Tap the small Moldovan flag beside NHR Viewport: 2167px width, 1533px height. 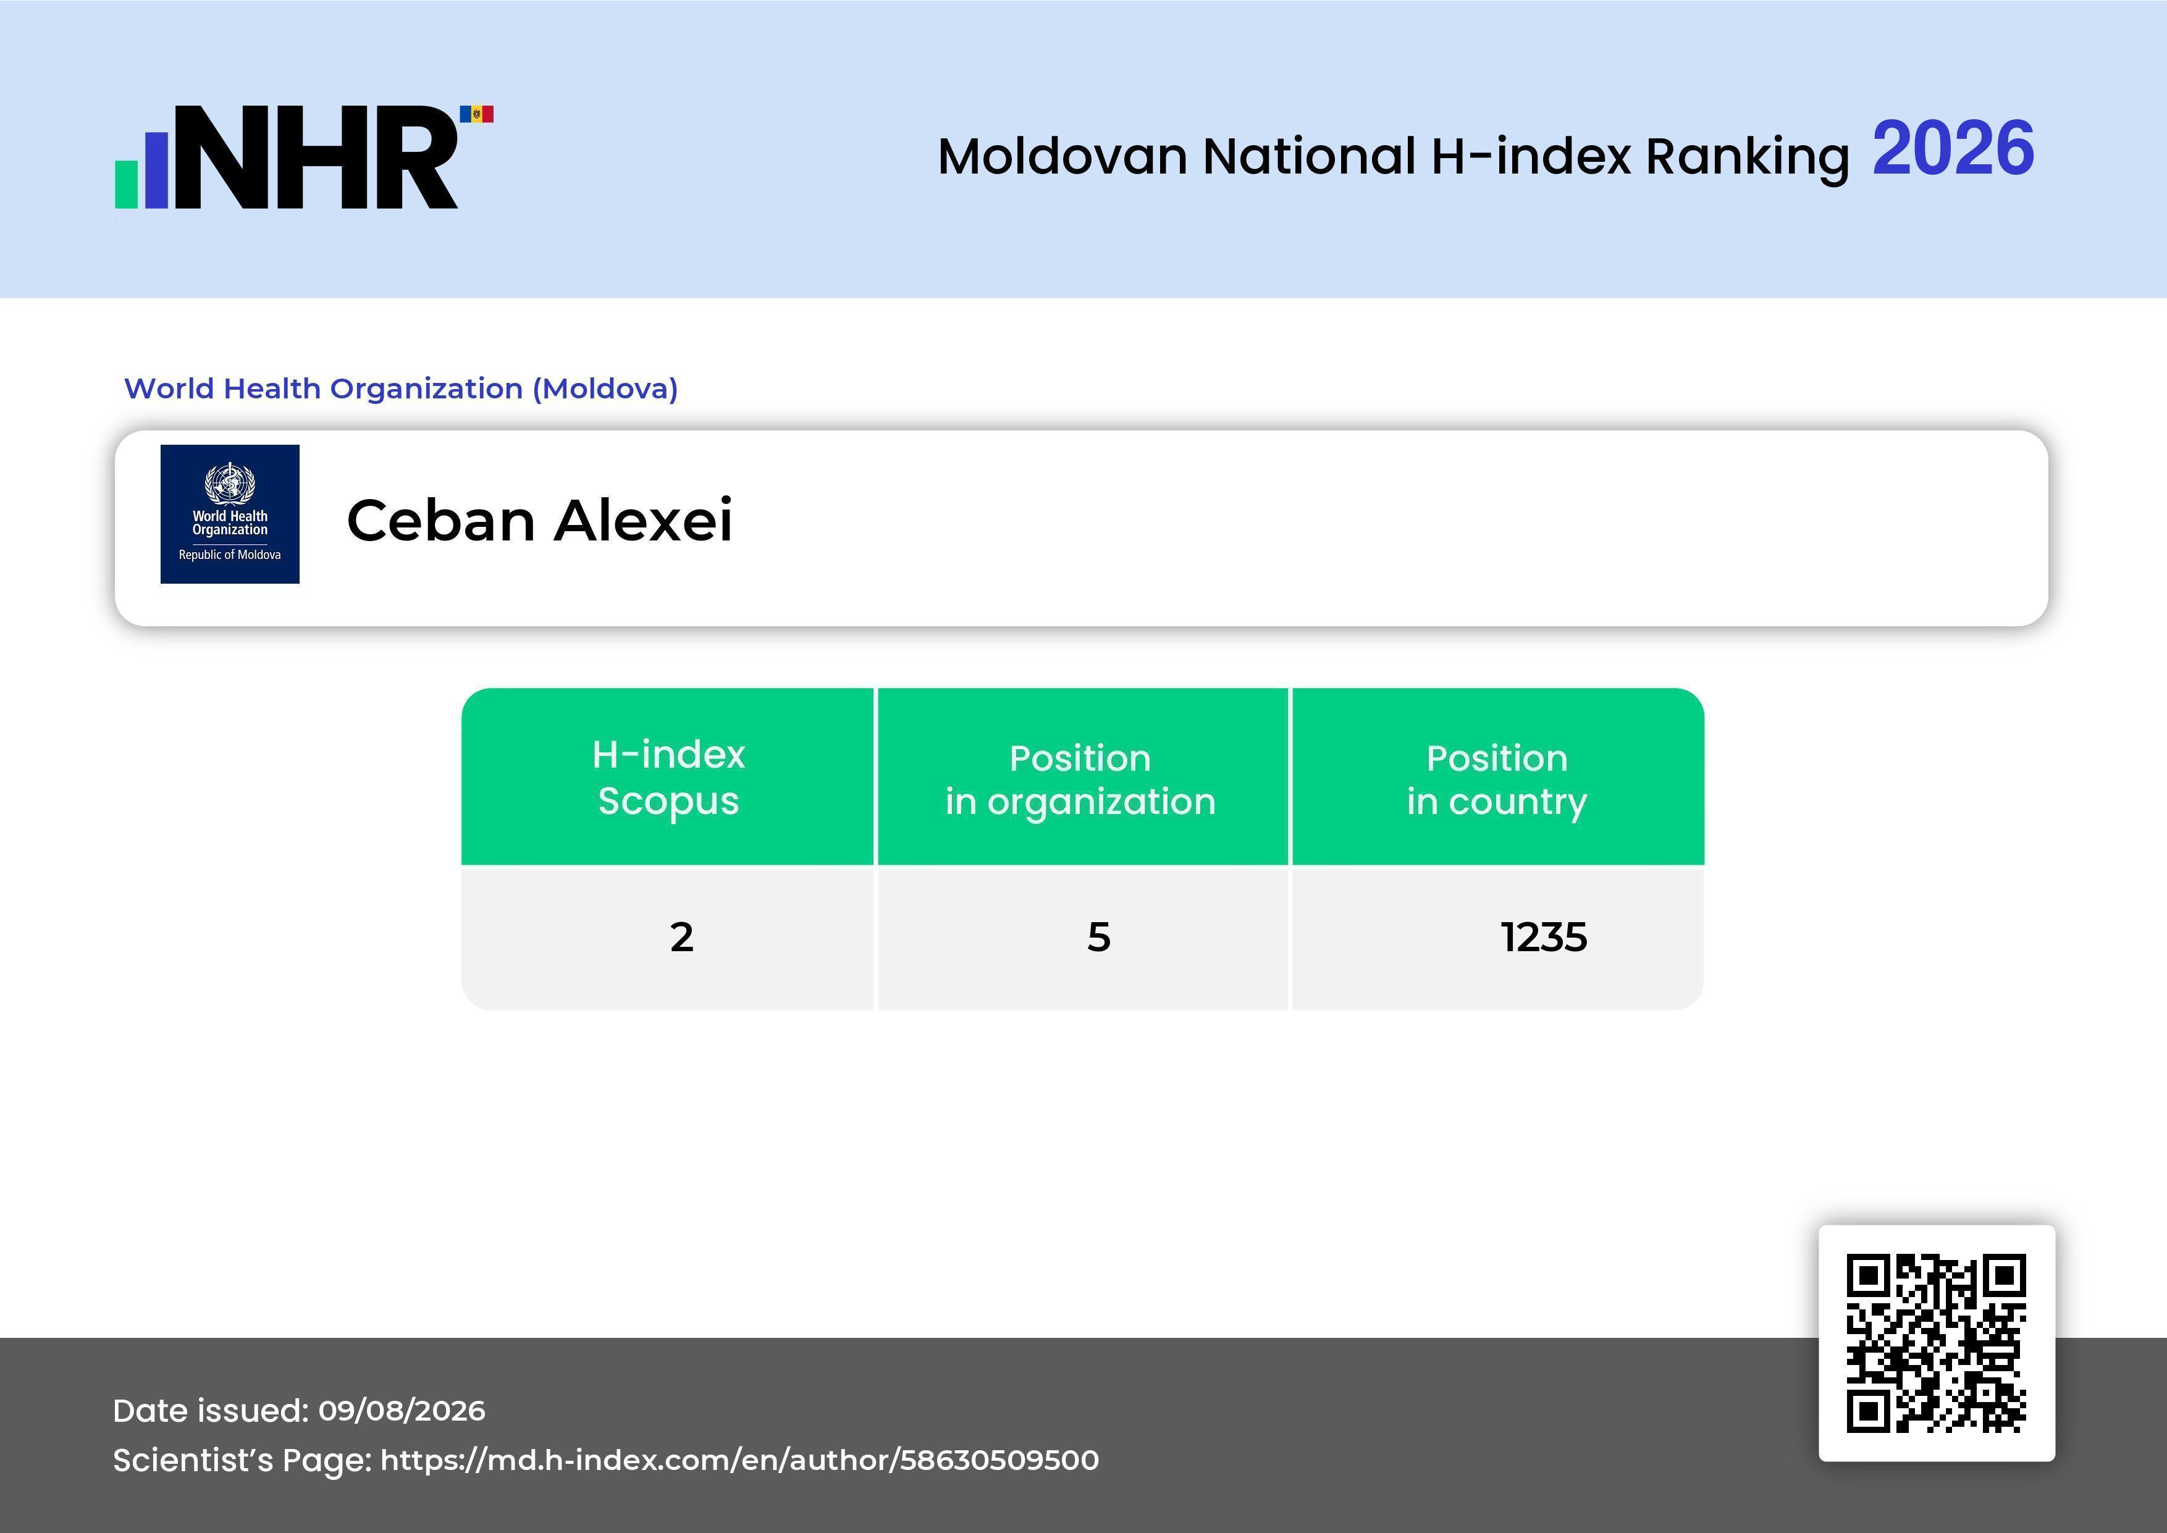[x=477, y=114]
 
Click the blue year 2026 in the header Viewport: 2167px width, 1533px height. [x=1953, y=148]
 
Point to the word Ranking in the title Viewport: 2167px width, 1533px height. [x=1747, y=157]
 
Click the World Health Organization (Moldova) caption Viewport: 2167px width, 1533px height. [x=401, y=388]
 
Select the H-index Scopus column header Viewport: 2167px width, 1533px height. [x=668, y=777]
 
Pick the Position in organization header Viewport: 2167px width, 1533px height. [x=1080, y=779]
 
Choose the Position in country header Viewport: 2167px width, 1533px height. [x=1497, y=779]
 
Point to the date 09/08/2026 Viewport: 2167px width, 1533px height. [x=402, y=1410]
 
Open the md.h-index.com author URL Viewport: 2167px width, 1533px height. [x=740, y=1460]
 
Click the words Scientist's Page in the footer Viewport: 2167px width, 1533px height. [x=242, y=1460]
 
